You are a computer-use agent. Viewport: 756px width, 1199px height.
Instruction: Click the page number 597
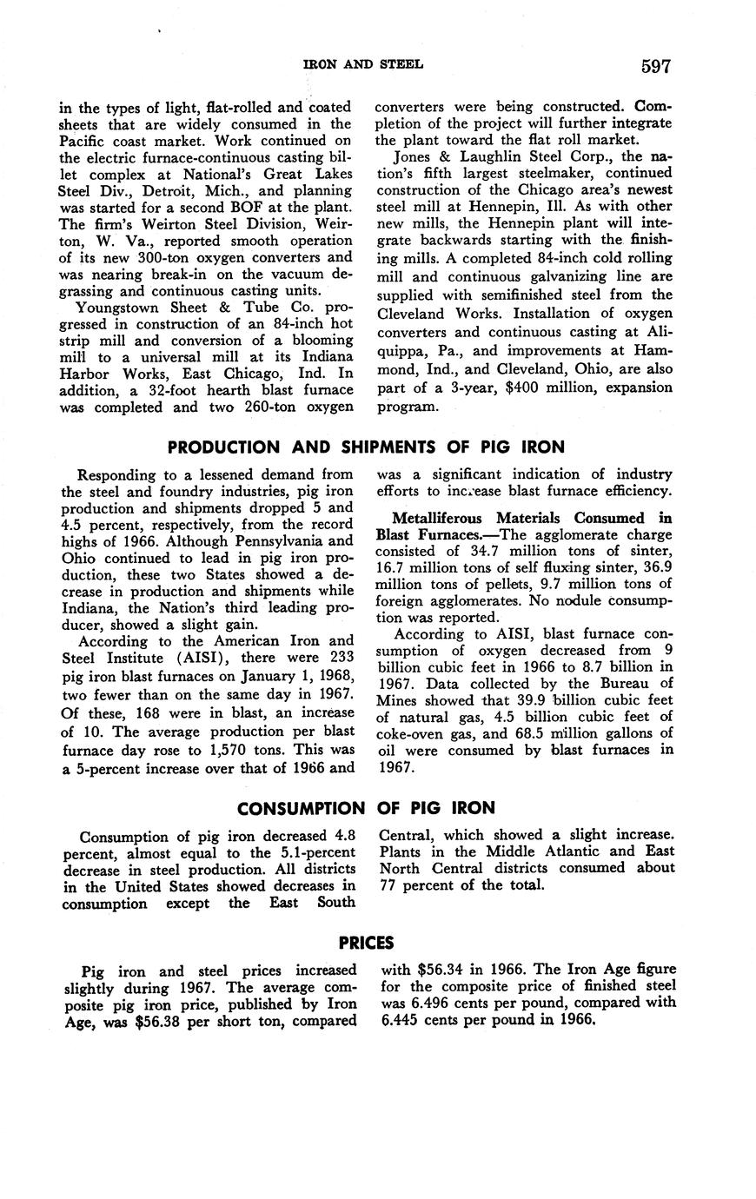point(656,66)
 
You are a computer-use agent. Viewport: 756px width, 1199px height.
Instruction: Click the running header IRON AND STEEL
point(362,65)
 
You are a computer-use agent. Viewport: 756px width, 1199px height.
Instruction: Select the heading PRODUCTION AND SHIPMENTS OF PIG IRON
point(366,447)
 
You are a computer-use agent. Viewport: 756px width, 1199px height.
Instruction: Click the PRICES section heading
point(366,943)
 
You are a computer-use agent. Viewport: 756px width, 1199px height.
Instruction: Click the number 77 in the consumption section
point(390,885)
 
